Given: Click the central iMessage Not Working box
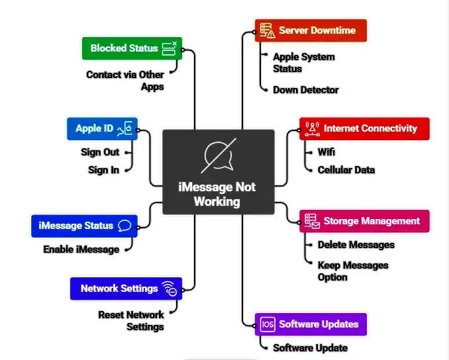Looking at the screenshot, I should (218, 172).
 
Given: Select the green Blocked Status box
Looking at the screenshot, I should (131, 48).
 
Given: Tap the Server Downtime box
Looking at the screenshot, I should (310, 30).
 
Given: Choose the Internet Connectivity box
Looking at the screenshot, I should (364, 128).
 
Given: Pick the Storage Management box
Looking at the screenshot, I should (364, 221).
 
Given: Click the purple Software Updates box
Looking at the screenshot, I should (310, 324).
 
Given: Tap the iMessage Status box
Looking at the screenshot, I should (84, 226).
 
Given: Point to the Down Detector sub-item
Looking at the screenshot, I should (305, 90).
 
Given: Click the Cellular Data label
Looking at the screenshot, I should (346, 170).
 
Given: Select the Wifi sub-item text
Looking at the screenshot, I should (326, 152).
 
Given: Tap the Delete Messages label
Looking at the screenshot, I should (356, 245).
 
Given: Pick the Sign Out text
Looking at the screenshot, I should (100, 152).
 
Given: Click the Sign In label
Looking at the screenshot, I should (103, 170).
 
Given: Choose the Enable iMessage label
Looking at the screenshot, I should (81, 249).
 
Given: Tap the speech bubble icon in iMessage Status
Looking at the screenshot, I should (125, 226).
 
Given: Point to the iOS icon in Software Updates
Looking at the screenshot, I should (268, 324).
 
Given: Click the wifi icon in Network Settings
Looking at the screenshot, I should (169, 289).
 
